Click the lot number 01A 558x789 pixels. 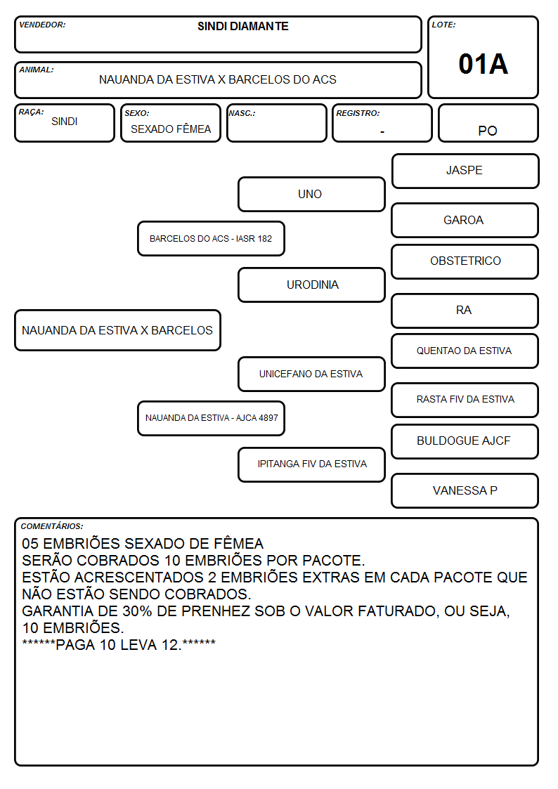coord(483,64)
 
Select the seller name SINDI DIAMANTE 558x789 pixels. coord(243,26)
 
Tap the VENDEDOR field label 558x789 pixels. coord(42,25)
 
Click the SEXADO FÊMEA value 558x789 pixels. coord(171,129)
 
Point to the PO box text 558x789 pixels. coord(488,131)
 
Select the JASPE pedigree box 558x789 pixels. coord(465,171)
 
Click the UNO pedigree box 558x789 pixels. coord(311,194)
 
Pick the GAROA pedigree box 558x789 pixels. coord(465,221)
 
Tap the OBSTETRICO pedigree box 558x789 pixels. coord(465,261)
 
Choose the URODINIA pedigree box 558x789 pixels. coord(311,285)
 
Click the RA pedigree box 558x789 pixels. coord(465,311)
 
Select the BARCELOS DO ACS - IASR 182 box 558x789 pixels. coord(212,238)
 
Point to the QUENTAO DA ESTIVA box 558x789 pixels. coord(465,351)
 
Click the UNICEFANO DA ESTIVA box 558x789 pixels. coord(311,374)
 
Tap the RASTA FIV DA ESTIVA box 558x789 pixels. coord(465,400)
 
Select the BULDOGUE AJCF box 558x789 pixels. coord(465,441)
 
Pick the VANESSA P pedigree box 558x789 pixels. coord(465,490)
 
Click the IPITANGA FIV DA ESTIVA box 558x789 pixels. coord(311,464)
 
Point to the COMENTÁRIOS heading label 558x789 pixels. coord(52,526)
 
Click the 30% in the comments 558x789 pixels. coord(137,611)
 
